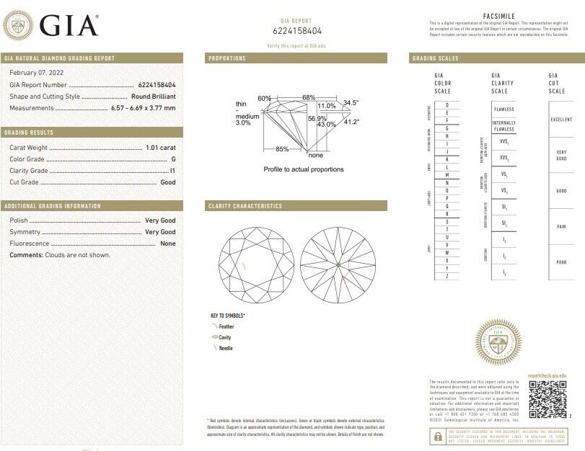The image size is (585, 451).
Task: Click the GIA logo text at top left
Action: (x=69, y=25)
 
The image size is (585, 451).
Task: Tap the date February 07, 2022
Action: (x=35, y=73)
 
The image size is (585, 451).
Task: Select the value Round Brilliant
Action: (x=153, y=96)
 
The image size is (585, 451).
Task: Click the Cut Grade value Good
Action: (x=167, y=182)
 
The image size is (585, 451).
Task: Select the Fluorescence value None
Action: (x=167, y=244)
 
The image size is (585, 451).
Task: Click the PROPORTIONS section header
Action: (x=227, y=58)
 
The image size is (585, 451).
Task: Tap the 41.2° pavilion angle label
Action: (x=351, y=122)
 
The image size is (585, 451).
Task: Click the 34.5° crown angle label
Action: (x=351, y=102)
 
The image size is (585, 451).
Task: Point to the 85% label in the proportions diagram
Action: (x=282, y=149)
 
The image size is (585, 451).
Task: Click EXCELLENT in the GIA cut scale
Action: (x=560, y=120)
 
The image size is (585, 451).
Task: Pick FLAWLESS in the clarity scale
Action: (x=503, y=109)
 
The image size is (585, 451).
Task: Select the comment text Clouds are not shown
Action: (x=78, y=255)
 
